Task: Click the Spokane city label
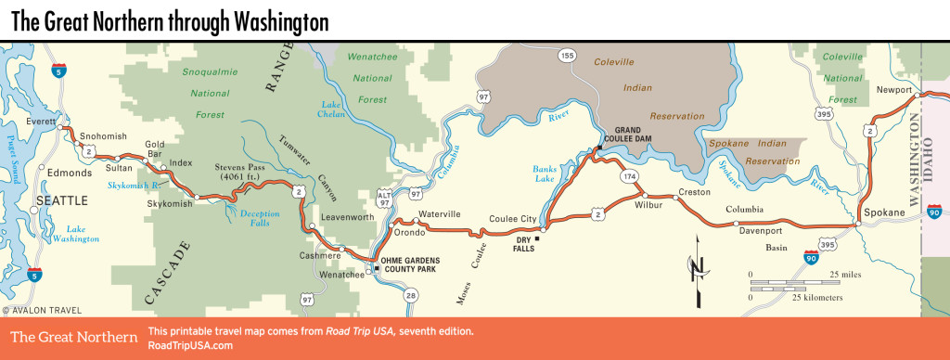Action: coord(883,213)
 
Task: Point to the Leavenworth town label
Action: coord(346,217)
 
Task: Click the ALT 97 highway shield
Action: coord(384,199)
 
